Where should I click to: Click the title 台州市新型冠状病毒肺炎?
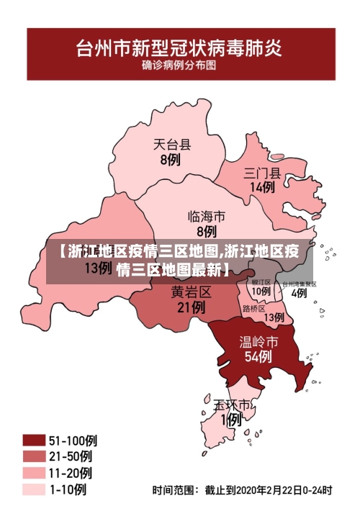click(180, 49)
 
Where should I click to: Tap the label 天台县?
click(173, 145)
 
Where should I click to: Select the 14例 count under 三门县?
click(262, 187)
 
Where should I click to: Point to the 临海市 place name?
click(207, 216)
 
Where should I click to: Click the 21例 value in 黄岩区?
click(191, 307)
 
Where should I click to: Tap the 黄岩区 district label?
click(191, 292)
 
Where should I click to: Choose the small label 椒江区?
click(261, 283)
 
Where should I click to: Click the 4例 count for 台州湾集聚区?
click(299, 293)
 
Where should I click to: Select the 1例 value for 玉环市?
click(231, 420)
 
